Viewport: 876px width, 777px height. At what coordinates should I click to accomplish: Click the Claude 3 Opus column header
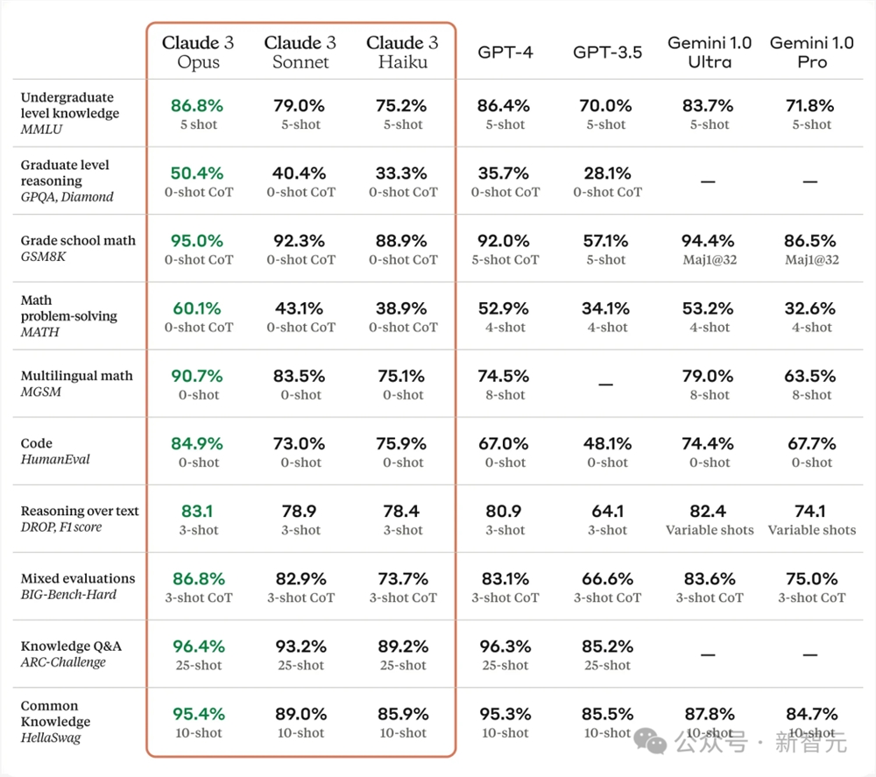pos(198,52)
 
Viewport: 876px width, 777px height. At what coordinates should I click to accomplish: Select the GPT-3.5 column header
pos(607,52)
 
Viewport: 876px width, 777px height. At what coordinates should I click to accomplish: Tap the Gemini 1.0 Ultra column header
pos(710,52)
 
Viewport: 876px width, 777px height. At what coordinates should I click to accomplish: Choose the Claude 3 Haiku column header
pos(403,52)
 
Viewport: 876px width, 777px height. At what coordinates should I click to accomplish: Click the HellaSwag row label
pos(50,738)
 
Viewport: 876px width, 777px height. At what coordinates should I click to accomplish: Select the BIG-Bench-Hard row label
pos(68,595)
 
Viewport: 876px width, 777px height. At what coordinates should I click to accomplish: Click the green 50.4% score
pos(197,173)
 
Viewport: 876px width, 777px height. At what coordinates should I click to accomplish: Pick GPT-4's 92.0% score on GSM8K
pos(504,241)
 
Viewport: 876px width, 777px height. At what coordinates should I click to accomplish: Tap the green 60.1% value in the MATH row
pos(197,308)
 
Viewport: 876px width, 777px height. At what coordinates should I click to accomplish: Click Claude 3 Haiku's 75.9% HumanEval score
pos(402,443)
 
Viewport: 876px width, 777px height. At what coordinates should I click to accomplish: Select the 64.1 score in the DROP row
pos(607,511)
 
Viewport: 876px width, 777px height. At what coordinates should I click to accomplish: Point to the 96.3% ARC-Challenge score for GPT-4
pos(505,646)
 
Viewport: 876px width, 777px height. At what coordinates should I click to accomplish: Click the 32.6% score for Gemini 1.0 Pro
pos(811,308)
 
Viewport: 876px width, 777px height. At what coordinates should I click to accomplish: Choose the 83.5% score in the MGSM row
pos(300,376)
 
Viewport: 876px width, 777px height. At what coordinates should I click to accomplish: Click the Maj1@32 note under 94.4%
pos(709,260)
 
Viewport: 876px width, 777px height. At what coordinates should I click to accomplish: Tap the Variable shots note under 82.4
pos(709,530)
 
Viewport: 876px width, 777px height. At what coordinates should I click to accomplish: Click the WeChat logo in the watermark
pos(657,743)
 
